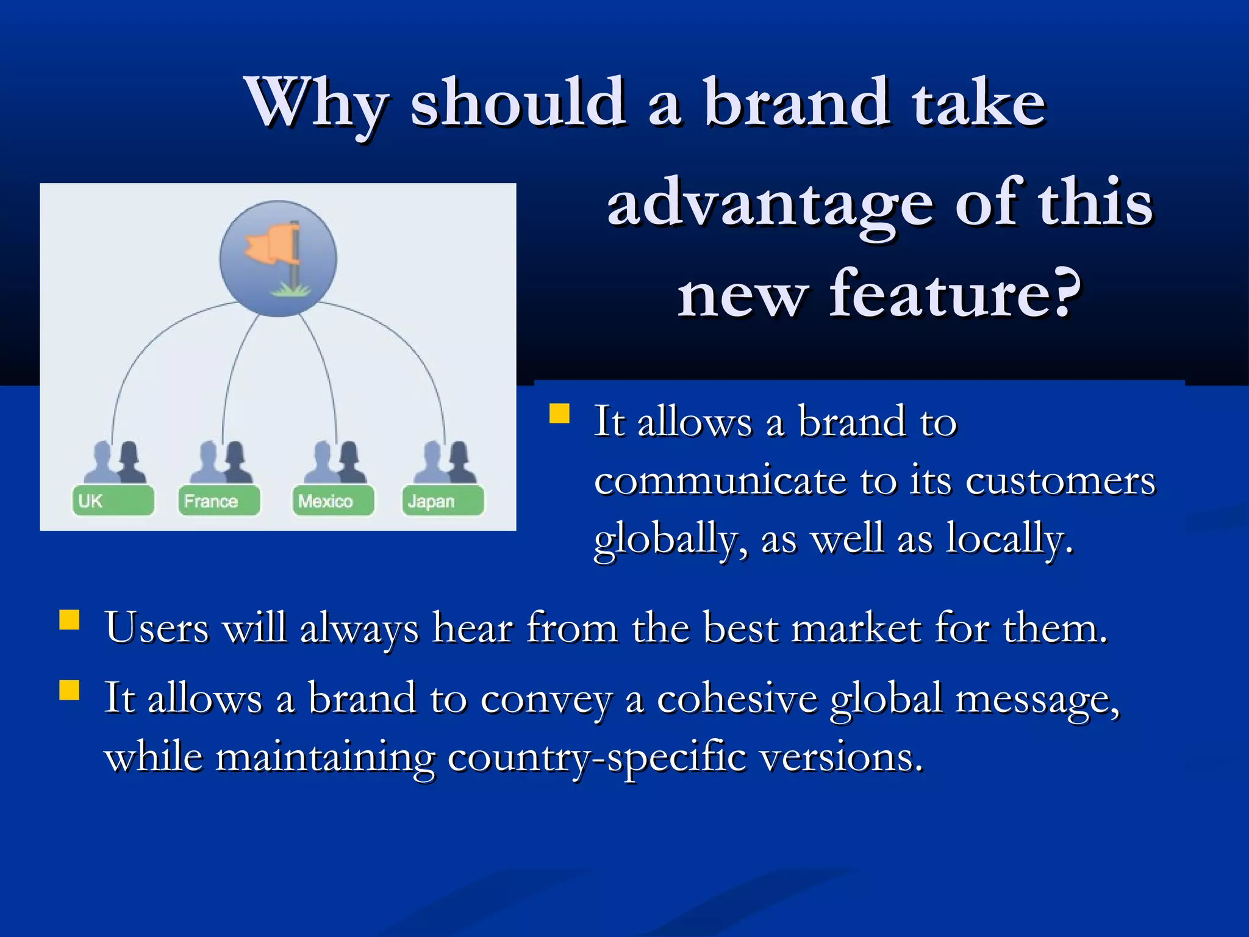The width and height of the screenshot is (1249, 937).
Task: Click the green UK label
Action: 113,501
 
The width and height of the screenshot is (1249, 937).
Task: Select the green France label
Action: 219,501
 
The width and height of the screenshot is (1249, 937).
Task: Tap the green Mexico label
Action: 333,501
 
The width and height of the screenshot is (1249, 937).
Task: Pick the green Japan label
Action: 443,501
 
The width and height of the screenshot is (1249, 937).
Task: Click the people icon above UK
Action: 115,462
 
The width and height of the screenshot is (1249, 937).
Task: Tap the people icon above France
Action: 221,462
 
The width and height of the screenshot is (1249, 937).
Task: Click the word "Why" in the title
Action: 316,104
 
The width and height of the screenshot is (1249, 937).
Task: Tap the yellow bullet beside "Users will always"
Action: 70,620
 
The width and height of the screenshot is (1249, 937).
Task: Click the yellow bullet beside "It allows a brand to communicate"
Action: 559,414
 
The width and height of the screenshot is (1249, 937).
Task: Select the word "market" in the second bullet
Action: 856,628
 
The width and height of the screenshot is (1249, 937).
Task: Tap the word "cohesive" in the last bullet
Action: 737,698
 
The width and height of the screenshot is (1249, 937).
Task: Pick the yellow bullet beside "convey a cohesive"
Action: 70,691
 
